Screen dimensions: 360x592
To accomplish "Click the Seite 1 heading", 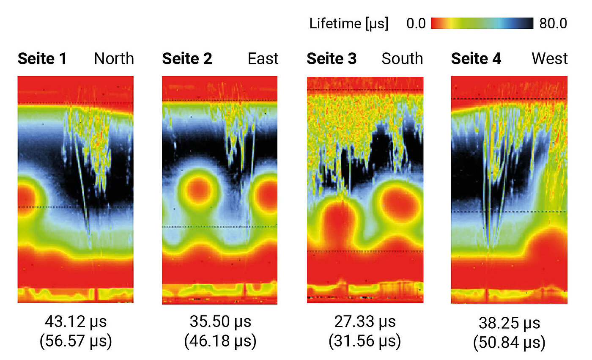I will (x=42, y=59).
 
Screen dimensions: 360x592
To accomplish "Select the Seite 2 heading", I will (x=187, y=59).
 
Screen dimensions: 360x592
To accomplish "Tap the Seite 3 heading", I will (x=332, y=59).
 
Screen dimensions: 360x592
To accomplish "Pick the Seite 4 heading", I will (x=476, y=59).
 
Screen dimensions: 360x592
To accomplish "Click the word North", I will (x=114, y=59).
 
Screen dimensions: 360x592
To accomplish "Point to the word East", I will (x=263, y=59).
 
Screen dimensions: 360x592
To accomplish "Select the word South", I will (x=402, y=59).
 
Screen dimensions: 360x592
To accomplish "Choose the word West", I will (x=550, y=59).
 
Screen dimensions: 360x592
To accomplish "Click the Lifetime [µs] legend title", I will (x=348, y=24).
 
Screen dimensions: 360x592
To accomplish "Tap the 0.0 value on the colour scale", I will (x=416, y=24).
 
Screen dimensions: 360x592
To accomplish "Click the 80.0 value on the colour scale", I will (x=553, y=24).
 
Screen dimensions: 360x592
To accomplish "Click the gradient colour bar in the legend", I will (x=482, y=23).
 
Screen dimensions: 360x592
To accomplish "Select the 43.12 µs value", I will (x=76, y=322).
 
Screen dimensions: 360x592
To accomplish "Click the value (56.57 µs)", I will (x=76, y=341).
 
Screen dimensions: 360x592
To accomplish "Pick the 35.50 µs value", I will (x=220, y=322).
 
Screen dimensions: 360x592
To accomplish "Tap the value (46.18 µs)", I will (x=220, y=341).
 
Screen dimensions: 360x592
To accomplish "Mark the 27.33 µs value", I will (x=365, y=322).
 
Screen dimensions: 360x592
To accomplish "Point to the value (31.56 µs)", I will (x=365, y=341).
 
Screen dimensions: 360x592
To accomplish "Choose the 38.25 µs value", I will (x=510, y=324).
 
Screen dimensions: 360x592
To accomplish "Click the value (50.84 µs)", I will (x=510, y=342).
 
